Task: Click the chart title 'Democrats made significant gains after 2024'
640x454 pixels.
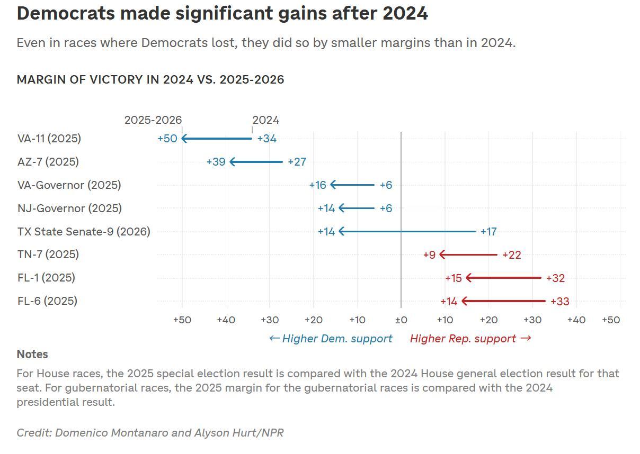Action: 222,14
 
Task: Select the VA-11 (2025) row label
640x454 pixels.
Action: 49,139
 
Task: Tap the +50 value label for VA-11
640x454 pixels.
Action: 167,139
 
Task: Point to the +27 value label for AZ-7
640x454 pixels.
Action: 297,162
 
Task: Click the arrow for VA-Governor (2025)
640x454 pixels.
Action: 352,185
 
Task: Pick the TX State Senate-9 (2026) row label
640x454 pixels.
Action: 84,232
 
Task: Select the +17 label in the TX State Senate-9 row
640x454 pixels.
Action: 488,232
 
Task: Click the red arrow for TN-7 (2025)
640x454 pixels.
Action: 468,255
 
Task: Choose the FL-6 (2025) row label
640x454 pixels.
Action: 47,301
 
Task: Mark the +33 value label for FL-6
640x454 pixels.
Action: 560,302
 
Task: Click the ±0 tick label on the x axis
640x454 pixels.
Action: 401,320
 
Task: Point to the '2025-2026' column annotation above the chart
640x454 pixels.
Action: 153,120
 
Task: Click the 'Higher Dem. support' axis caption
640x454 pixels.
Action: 331,339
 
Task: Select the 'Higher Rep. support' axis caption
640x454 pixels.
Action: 470,339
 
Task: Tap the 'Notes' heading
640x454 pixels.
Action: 32,355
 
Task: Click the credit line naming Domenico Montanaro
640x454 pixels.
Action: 150,433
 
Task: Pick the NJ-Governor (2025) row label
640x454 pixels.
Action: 69,208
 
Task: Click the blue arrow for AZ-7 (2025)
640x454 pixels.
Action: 256,162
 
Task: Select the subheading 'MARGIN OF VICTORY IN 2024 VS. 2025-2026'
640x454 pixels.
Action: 150,80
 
